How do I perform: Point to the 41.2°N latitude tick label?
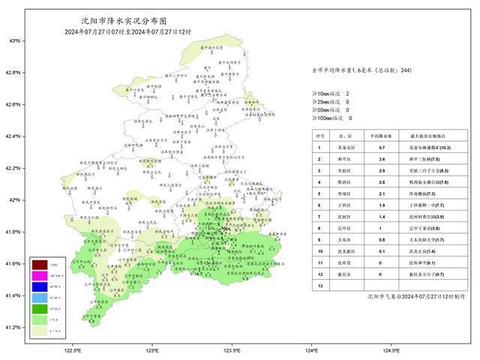[x=12, y=327]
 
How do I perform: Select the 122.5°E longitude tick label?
[x=73, y=350]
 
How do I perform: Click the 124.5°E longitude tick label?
[x=391, y=350]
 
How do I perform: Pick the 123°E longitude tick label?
[x=152, y=350]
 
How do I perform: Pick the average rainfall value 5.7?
[x=380, y=148]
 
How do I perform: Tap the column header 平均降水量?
[x=380, y=136]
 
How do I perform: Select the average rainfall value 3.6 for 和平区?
[x=380, y=160]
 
